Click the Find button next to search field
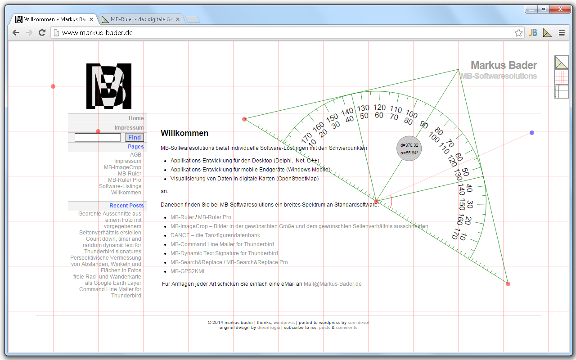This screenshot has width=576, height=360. coord(134,138)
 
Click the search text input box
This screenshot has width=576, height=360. coord(98,138)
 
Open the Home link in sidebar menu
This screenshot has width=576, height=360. coord(136,118)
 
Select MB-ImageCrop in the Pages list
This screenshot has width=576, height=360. coord(122,167)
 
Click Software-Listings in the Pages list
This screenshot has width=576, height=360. coord(120,186)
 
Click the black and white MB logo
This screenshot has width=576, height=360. coord(109,86)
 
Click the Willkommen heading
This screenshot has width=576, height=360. coord(184,133)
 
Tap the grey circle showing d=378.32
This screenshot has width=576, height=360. coord(409,149)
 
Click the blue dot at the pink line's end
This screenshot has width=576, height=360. coord(532,133)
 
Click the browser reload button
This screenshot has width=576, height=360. coord(42,32)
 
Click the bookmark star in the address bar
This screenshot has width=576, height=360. coord(518,32)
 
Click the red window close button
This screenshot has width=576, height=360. coord(560,9)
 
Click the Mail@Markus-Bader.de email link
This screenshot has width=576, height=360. coord(333,284)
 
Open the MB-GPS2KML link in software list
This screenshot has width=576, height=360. coord(188,271)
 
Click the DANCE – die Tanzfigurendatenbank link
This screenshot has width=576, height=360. coord(215,235)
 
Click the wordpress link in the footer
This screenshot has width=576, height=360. coord(284,323)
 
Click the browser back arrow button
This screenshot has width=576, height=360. coord(16,32)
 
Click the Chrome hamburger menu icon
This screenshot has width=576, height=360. coord(562,32)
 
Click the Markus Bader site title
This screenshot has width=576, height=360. coord(504,65)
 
